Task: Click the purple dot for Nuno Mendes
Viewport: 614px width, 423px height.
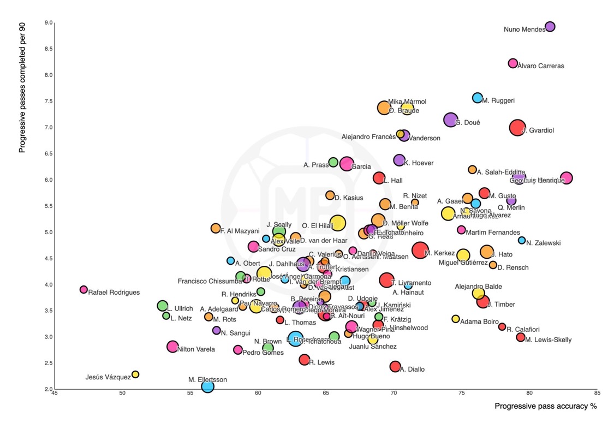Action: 550,27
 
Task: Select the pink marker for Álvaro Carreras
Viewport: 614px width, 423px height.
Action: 513,63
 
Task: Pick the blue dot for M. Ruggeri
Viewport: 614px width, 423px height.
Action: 478,98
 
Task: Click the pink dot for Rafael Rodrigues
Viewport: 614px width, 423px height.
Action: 84,290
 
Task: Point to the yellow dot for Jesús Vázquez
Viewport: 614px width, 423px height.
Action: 135,374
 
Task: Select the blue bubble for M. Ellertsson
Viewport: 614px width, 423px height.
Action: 207,386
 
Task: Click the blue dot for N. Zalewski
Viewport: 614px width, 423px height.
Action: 522,240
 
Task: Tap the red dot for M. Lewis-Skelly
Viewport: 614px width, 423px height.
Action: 521,337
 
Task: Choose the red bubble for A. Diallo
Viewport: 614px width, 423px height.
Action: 396,366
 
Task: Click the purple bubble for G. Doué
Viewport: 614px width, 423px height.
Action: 450,120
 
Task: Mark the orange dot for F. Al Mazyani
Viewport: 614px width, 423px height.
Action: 216,228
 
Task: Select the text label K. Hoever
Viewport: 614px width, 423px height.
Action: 419,163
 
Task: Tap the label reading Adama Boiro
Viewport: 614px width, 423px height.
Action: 479,321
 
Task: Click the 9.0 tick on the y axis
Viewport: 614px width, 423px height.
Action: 49,23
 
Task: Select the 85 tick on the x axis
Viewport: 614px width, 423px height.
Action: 598,393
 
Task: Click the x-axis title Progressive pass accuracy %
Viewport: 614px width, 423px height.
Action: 545,407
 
